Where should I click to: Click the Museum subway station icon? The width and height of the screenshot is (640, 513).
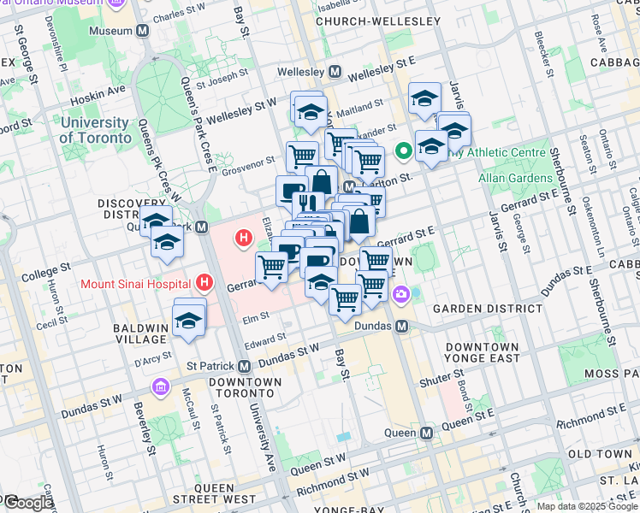coord(142,30)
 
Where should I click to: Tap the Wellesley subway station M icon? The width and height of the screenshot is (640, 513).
coord(335,72)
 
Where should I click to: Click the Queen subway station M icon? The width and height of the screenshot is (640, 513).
coord(426,433)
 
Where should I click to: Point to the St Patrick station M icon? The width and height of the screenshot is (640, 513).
coord(244,366)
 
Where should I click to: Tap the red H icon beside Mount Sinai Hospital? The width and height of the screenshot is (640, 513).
coord(204,280)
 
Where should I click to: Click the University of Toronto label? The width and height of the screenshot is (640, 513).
coord(95,130)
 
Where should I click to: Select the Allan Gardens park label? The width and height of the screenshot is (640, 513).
coord(515,178)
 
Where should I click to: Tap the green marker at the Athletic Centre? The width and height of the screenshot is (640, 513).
coord(404,154)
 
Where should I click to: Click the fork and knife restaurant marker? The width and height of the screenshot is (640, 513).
coord(307,204)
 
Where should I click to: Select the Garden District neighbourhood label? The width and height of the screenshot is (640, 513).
coord(487,308)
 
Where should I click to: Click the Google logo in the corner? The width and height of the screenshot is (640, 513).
coord(28,503)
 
